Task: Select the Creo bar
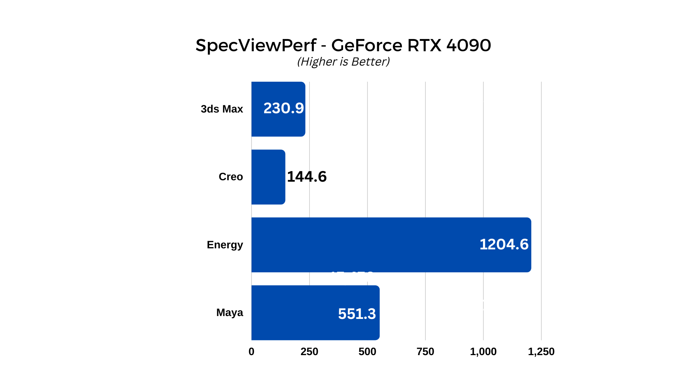pos(268,177)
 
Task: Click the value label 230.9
pos(283,108)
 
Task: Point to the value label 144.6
pos(307,177)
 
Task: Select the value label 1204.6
pos(504,244)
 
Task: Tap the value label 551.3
pos(357,314)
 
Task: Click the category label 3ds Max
pos(222,109)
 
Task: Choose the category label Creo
pos(231,177)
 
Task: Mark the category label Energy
pos(225,245)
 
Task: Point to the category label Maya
pos(229,312)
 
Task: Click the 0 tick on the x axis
pos(252,352)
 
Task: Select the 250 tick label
pos(310,352)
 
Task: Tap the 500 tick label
pos(367,352)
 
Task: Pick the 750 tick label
pos(425,352)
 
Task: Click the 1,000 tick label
pos(483,352)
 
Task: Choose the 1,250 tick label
pos(541,352)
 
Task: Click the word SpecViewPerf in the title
pos(256,46)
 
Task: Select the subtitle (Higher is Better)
pos(343,62)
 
